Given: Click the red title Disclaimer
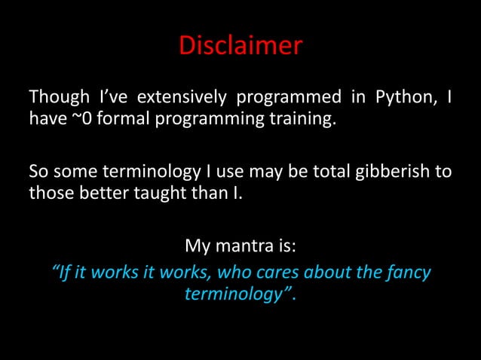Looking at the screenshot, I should click(240, 47).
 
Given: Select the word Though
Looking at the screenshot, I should click(54, 99).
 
